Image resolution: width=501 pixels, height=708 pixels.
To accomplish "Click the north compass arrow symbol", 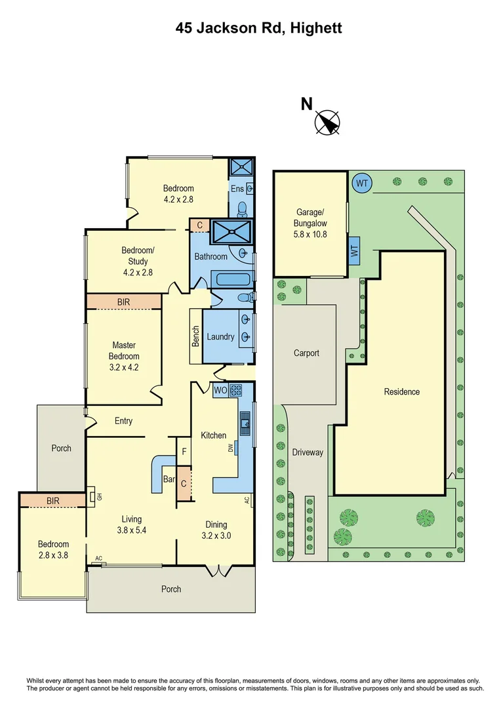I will pos(328,123).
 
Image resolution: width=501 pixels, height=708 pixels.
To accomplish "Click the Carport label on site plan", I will pos(306,353).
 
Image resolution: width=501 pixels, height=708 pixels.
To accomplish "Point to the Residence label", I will pos(401,391).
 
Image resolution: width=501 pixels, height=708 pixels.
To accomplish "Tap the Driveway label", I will pos(307,452).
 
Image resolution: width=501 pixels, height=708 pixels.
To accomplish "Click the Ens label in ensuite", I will pos(237,189).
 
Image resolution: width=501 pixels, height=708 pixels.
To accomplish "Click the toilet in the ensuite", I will pos(242,208).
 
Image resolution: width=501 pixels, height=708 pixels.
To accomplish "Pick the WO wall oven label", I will pos(220,391).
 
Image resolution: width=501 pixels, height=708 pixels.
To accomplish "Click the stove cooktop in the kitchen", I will pos(236,391).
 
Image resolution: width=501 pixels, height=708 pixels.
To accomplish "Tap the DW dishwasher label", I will pos(230,448).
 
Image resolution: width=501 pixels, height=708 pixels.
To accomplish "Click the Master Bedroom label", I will pos(123,356).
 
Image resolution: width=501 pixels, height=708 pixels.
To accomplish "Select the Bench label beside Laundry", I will pos(195,336).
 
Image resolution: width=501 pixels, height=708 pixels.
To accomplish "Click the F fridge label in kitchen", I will pos(184,452).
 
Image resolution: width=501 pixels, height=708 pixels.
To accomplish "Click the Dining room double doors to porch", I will pos(214,570).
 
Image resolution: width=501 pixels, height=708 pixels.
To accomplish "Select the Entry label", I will pos(123,421).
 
